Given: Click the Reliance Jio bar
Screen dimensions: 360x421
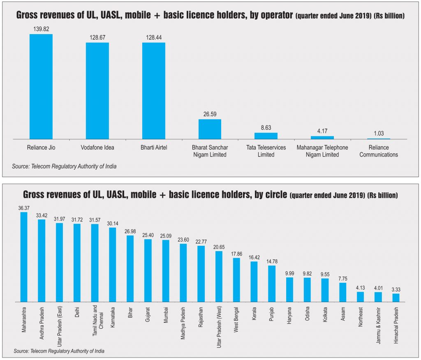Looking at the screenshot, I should coord(41,86).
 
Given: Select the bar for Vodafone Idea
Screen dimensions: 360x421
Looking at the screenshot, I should coord(97,90).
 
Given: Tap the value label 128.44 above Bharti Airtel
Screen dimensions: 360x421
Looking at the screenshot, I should coord(153,37).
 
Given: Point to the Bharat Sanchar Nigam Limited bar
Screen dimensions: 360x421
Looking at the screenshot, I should coord(210,129).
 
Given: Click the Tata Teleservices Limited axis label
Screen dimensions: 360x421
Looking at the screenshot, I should coord(266,151).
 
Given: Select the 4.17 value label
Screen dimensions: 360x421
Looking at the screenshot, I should coord(322,131).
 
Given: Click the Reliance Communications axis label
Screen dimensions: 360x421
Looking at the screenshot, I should coord(379,151).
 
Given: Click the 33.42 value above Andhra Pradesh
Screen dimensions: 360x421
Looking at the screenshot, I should coord(42,215).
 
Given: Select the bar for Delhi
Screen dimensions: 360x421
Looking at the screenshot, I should coord(77,263).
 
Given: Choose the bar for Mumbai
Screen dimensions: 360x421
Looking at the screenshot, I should coord(165,271).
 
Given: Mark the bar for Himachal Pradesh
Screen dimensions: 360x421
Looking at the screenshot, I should coord(396,298).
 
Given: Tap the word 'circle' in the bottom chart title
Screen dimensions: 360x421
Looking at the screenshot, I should coord(274,194).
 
